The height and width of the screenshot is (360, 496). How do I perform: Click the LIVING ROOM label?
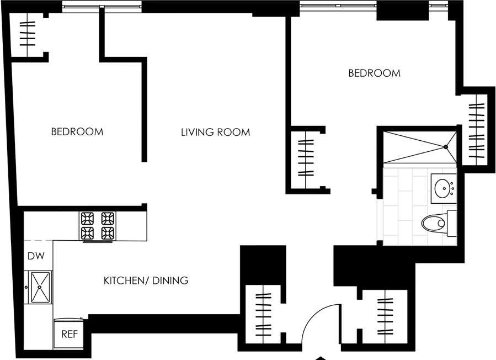215,132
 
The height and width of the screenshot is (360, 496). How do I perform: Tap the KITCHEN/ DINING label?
146,280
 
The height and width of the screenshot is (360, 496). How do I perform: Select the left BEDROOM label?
77,131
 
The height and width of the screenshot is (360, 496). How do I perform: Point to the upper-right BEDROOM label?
375,73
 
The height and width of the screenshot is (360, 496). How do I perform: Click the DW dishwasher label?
36,256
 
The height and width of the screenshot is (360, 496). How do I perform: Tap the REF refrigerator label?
70,334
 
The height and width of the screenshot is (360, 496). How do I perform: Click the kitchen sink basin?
40,287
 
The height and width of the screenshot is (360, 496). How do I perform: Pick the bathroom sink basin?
443,188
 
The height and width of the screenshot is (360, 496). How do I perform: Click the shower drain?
446,147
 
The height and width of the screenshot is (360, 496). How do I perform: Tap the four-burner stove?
98,226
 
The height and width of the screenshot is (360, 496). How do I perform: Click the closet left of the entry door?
264,314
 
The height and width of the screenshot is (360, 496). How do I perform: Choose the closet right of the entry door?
385,316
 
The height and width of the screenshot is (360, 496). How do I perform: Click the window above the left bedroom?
101,6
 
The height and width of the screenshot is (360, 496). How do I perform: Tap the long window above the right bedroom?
338,6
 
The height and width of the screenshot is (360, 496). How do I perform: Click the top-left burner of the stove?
87,218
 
